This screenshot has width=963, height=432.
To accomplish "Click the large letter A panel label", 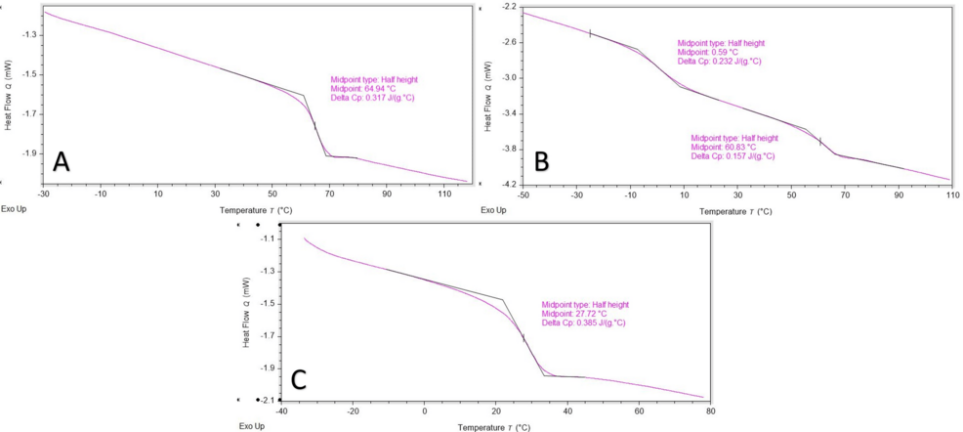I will [61, 161].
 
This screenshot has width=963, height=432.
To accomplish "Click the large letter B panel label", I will [539, 161].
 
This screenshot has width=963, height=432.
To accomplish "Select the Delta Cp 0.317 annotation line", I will [374, 97].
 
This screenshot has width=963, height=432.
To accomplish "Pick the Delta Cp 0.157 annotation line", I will [733, 155].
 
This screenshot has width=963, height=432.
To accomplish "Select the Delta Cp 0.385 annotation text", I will [583, 323].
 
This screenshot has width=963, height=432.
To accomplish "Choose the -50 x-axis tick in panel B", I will [523, 196].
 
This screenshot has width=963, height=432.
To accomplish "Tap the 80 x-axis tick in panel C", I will [710, 411].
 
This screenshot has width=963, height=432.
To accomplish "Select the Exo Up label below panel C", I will [251, 426].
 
